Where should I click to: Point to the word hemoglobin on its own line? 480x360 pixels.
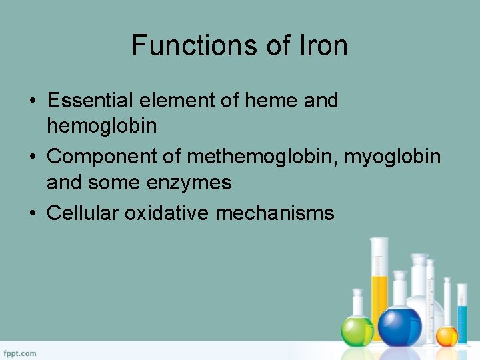(x=101, y=125)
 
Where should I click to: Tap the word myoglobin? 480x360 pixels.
(x=392, y=156)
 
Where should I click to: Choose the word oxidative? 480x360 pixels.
(x=165, y=213)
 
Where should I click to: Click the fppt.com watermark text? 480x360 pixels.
(x=20, y=353)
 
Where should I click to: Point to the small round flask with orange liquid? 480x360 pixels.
(x=447, y=335)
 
